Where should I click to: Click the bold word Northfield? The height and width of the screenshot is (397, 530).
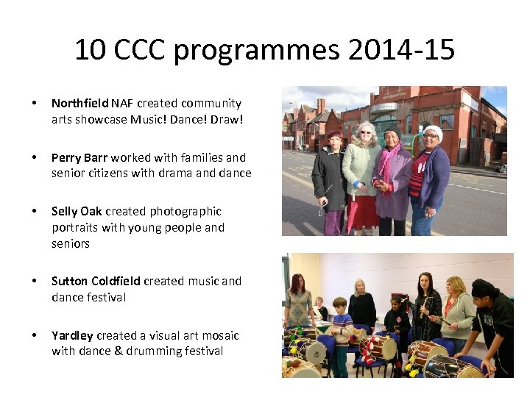79,104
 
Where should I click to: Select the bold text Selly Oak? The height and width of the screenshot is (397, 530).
76,211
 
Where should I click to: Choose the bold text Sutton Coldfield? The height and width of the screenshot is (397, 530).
96,281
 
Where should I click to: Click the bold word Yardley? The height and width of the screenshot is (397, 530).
72,335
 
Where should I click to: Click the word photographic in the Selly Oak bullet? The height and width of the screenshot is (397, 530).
185,211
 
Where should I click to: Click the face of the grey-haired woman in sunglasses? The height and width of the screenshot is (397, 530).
364,133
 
